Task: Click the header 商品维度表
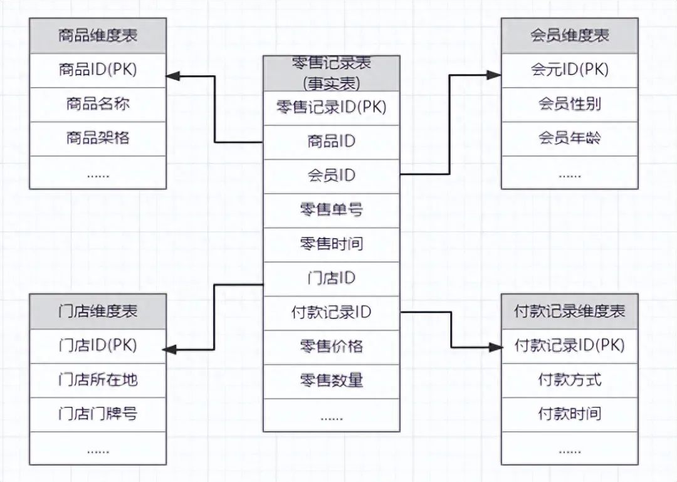[x=98, y=35]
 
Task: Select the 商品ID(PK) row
[x=98, y=70]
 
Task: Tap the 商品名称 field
[x=98, y=104]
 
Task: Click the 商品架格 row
[x=98, y=138]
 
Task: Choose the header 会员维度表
[x=569, y=35]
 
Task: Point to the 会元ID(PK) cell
[x=569, y=70]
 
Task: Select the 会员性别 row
[x=569, y=104]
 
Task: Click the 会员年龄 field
[x=569, y=138]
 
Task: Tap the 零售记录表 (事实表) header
[x=331, y=73]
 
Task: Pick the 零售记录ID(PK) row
[x=331, y=107]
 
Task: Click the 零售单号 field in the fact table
[x=331, y=210]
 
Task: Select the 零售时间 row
[x=331, y=244]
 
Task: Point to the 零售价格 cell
[x=331, y=346]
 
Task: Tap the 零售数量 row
[x=331, y=380]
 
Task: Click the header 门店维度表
[x=98, y=311]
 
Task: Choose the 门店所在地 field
[x=98, y=380]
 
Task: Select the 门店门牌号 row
[x=98, y=414]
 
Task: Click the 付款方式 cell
[x=569, y=380]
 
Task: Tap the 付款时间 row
[x=569, y=414]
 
